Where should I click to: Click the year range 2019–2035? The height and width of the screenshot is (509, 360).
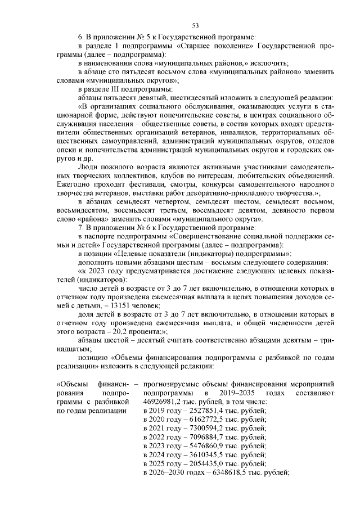pos(232,392)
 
